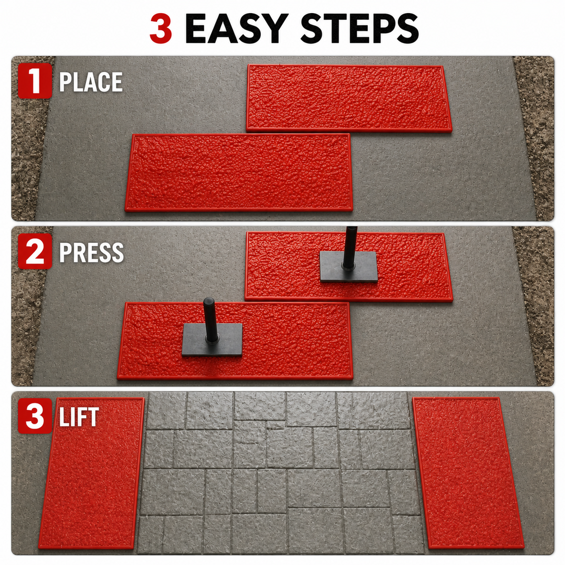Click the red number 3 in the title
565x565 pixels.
point(161,29)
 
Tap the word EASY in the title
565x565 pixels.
point(235,29)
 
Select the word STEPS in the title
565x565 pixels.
point(359,29)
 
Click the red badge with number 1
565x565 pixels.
point(35,81)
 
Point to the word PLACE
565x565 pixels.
point(91,82)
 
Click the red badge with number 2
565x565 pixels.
point(35,251)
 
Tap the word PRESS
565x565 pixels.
point(91,252)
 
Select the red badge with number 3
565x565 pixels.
point(35,416)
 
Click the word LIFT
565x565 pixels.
point(79,417)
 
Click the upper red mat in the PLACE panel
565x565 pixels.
point(348,98)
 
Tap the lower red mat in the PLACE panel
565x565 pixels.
point(239,172)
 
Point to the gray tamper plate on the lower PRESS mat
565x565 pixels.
point(212,340)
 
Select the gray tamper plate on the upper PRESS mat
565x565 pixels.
point(348,266)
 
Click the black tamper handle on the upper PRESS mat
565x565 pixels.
point(350,248)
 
